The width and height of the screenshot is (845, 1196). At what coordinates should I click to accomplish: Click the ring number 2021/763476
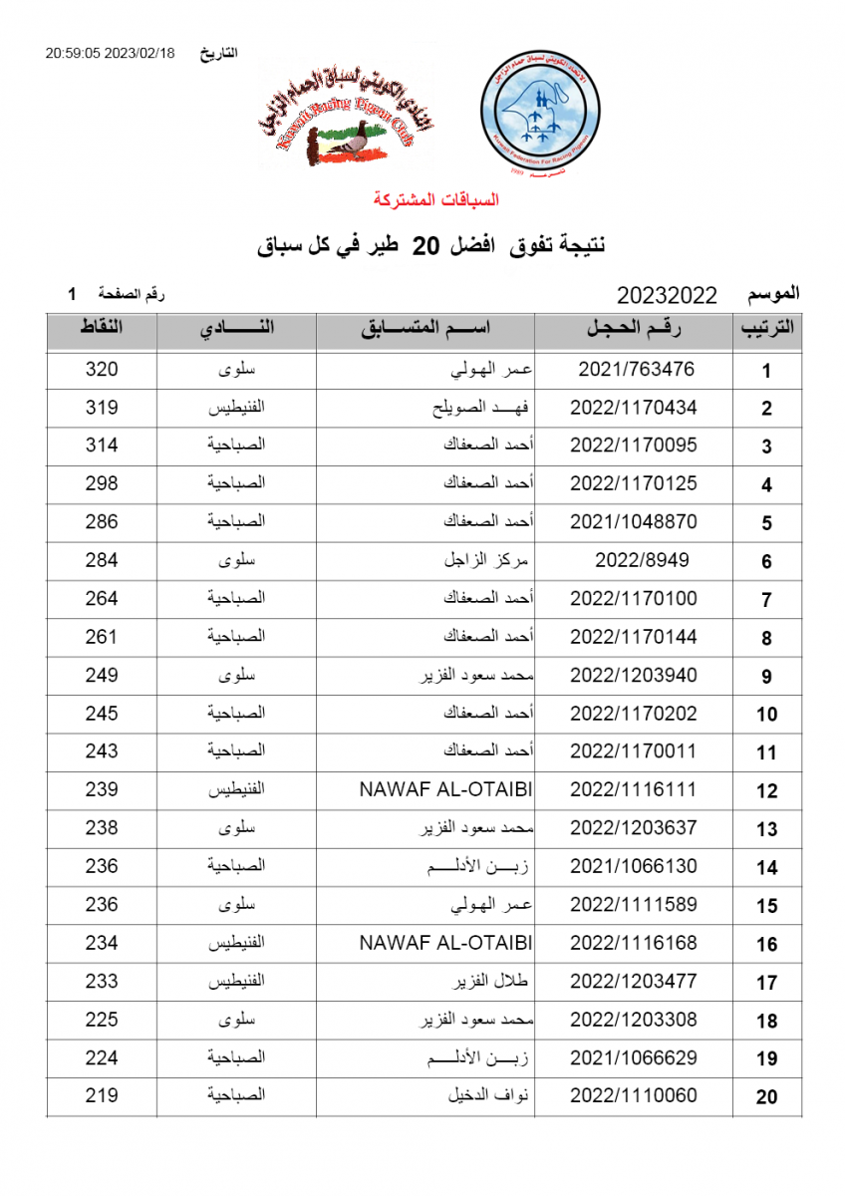click(x=636, y=370)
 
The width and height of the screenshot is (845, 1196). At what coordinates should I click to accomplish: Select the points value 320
click(x=102, y=370)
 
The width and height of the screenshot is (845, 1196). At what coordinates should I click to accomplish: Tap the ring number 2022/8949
click(x=642, y=560)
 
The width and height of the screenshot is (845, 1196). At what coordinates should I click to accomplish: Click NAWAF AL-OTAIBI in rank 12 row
click(x=445, y=789)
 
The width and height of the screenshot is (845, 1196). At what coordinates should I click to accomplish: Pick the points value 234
click(x=102, y=943)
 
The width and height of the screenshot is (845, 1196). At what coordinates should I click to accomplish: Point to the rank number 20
click(x=766, y=1097)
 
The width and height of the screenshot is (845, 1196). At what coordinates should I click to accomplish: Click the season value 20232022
click(x=667, y=295)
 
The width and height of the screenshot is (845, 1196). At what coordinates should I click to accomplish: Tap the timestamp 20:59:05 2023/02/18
click(x=110, y=54)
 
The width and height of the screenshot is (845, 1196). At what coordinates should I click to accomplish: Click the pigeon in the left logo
click(x=351, y=147)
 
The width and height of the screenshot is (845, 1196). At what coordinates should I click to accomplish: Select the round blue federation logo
click(x=539, y=115)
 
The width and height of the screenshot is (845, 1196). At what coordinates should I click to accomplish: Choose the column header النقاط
click(x=102, y=329)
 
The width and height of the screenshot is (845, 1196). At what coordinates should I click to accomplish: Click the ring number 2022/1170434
click(x=634, y=408)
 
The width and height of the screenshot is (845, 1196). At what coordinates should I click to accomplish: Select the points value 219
click(x=102, y=1095)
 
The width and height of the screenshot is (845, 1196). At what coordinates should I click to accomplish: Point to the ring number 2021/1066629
click(x=634, y=1057)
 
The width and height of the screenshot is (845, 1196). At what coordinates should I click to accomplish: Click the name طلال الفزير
click(x=489, y=982)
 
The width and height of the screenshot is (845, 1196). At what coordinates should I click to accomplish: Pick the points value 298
click(x=102, y=484)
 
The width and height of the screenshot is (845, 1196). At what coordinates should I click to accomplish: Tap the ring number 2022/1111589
click(x=634, y=905)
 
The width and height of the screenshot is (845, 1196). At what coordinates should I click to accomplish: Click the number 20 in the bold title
click(x=426, y=245)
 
